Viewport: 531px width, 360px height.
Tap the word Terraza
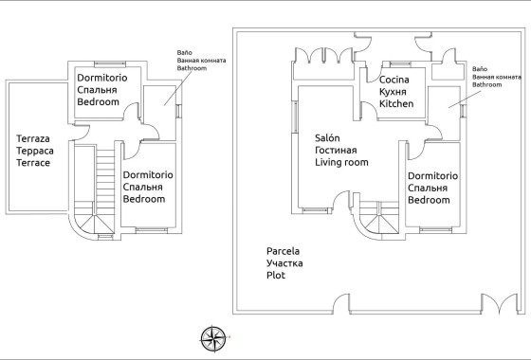pos(34,139)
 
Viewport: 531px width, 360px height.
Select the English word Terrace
pos(33,163)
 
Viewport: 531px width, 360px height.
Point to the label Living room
pos(341,162)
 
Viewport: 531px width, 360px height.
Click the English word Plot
pos(276,275)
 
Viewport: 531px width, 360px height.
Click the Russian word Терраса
pos(35,152)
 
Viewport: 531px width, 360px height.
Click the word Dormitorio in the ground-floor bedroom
pos(432,177)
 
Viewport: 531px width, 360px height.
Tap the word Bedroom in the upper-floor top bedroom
pos(99,100)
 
